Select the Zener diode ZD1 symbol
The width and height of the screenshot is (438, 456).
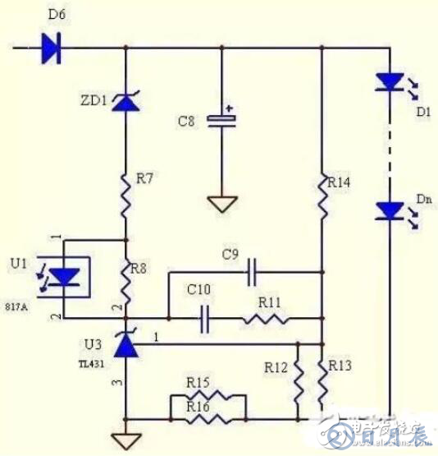(x=125, y=102)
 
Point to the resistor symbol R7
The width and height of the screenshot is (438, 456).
(x=125, y=194)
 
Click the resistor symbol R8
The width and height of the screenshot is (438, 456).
(x=125, y=279)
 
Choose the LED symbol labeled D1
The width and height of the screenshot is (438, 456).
(x=387, y=83)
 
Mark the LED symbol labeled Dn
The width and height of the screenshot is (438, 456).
(x=387, y=212)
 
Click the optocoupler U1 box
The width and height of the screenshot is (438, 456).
(x=66, y=278)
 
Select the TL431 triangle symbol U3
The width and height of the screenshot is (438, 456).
(x=125, y=345)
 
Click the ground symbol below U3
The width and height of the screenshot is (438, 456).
(x=125, y=442)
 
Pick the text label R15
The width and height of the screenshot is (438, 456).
(x=198, y=382)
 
